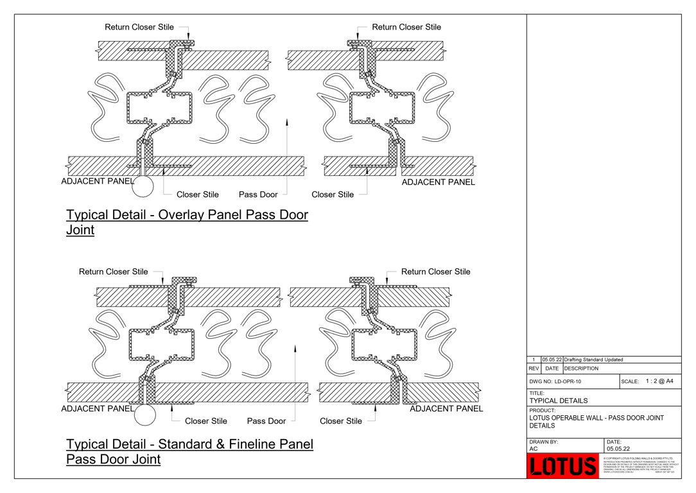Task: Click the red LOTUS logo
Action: [562, 466]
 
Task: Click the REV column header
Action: [534, 369]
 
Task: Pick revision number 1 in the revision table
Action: [534, 360]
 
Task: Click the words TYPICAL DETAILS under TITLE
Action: [558, 401]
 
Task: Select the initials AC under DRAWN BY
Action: [534, 449]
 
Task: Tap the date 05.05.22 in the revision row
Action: [552, 360]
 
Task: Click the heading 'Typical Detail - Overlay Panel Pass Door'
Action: [187, 215]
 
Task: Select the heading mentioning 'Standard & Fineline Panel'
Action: [189, 444]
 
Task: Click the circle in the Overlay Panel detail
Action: [143, 186]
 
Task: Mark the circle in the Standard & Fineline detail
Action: [145, 415]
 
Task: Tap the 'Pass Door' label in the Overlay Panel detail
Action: [258, 195]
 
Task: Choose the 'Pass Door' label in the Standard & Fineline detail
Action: [266, 421]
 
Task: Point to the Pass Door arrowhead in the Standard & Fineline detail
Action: [295, 349]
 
